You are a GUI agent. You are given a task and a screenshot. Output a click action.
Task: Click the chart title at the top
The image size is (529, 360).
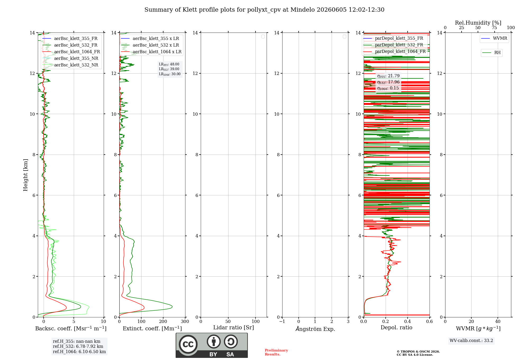pos(264,10)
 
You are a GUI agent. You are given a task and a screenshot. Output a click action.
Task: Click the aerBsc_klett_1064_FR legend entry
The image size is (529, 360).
pos(71,52)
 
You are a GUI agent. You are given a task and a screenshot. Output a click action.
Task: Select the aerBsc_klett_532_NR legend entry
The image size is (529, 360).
pos(70,65)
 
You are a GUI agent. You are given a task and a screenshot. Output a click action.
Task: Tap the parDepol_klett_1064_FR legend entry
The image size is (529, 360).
pos(395,51)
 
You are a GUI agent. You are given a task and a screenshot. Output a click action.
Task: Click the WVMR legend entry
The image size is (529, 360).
pos(494,38)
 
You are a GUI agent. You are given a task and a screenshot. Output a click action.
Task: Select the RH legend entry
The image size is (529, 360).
pos(491,53)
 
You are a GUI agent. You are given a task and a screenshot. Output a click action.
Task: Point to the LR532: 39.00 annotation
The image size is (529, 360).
pos(169,69)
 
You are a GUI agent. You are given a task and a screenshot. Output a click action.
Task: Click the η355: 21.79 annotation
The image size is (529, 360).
pos(388,76)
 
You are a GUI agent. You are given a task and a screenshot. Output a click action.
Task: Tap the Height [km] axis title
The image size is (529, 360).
pos(25,175)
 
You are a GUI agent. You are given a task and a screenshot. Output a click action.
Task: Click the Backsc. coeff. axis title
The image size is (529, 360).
pos(71,328)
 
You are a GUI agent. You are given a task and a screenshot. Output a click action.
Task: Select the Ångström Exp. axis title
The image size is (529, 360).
pos(315,329)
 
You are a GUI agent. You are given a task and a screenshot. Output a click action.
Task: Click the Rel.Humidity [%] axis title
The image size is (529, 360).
pos(478,23)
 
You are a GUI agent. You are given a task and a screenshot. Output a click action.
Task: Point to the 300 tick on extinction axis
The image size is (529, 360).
pos(185,322)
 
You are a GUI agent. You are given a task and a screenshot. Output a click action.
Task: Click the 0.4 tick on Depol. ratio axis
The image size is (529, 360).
pos(408,322)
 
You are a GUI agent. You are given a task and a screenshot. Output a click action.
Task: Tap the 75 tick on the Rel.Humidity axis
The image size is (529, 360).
pos(494,28)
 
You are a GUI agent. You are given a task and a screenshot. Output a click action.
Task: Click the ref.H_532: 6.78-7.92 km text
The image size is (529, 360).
pos(78,346)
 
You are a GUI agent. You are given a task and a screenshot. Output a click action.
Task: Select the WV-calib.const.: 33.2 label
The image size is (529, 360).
pos(471,341)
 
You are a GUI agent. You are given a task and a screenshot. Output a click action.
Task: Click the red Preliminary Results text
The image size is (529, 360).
pos(276,352)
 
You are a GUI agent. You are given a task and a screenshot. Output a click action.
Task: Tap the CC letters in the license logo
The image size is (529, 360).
pos(188,344)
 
